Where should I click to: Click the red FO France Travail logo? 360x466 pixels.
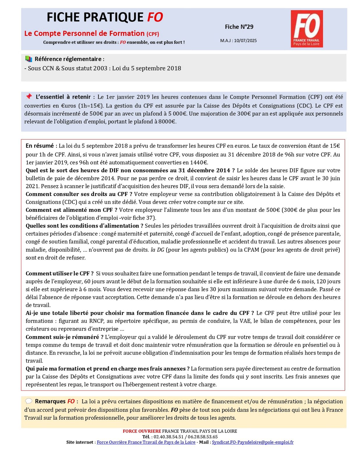click(x=306, y=29)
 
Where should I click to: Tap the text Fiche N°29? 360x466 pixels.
click(x=239, y=27)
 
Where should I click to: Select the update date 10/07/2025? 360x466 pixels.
click(x=245, y=41)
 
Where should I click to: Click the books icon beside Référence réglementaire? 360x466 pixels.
click(x=29, y=59)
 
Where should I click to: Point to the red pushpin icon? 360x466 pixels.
click(x=29, y=96)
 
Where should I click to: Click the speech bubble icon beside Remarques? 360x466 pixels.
click(x=29, y=401)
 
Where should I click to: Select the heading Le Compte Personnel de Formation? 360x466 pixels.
click(x=84, y=33)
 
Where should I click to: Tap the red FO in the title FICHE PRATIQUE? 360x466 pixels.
click(x=155, y=17)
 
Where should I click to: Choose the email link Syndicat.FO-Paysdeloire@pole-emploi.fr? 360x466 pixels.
click(x=253, y=442)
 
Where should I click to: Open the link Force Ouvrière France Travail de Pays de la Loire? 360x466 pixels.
click(x=146, y=442)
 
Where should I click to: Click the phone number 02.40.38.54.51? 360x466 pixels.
click(x=169, y=437)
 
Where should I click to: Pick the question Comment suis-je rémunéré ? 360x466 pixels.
click(x=65, y=337)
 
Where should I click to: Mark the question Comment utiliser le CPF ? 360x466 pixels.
click(x=59, y=273)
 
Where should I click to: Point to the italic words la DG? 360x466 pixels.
click(x=157, y=250)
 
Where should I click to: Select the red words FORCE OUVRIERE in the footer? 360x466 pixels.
click(x=142, y=431)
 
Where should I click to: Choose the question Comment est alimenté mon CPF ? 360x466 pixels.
click(x=71, y=210)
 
